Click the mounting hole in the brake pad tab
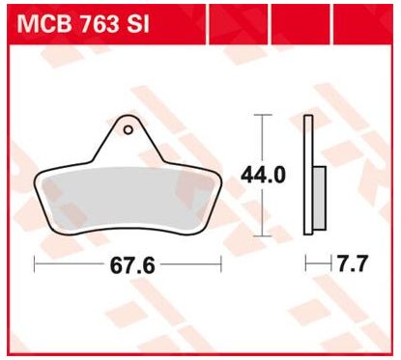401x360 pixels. pos(129,130)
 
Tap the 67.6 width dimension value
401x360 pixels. pos(132,265)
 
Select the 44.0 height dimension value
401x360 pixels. pos(263,176)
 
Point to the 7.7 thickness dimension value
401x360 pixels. pos(352,263)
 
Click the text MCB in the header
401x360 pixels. pos(44,23)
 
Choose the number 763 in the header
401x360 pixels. pos(100,23)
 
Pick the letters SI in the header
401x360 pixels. pos(138,23)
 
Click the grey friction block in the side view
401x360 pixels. pos(319,198)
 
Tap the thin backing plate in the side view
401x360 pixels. pos(308,175)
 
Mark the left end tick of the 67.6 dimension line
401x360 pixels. pos(34,264)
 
